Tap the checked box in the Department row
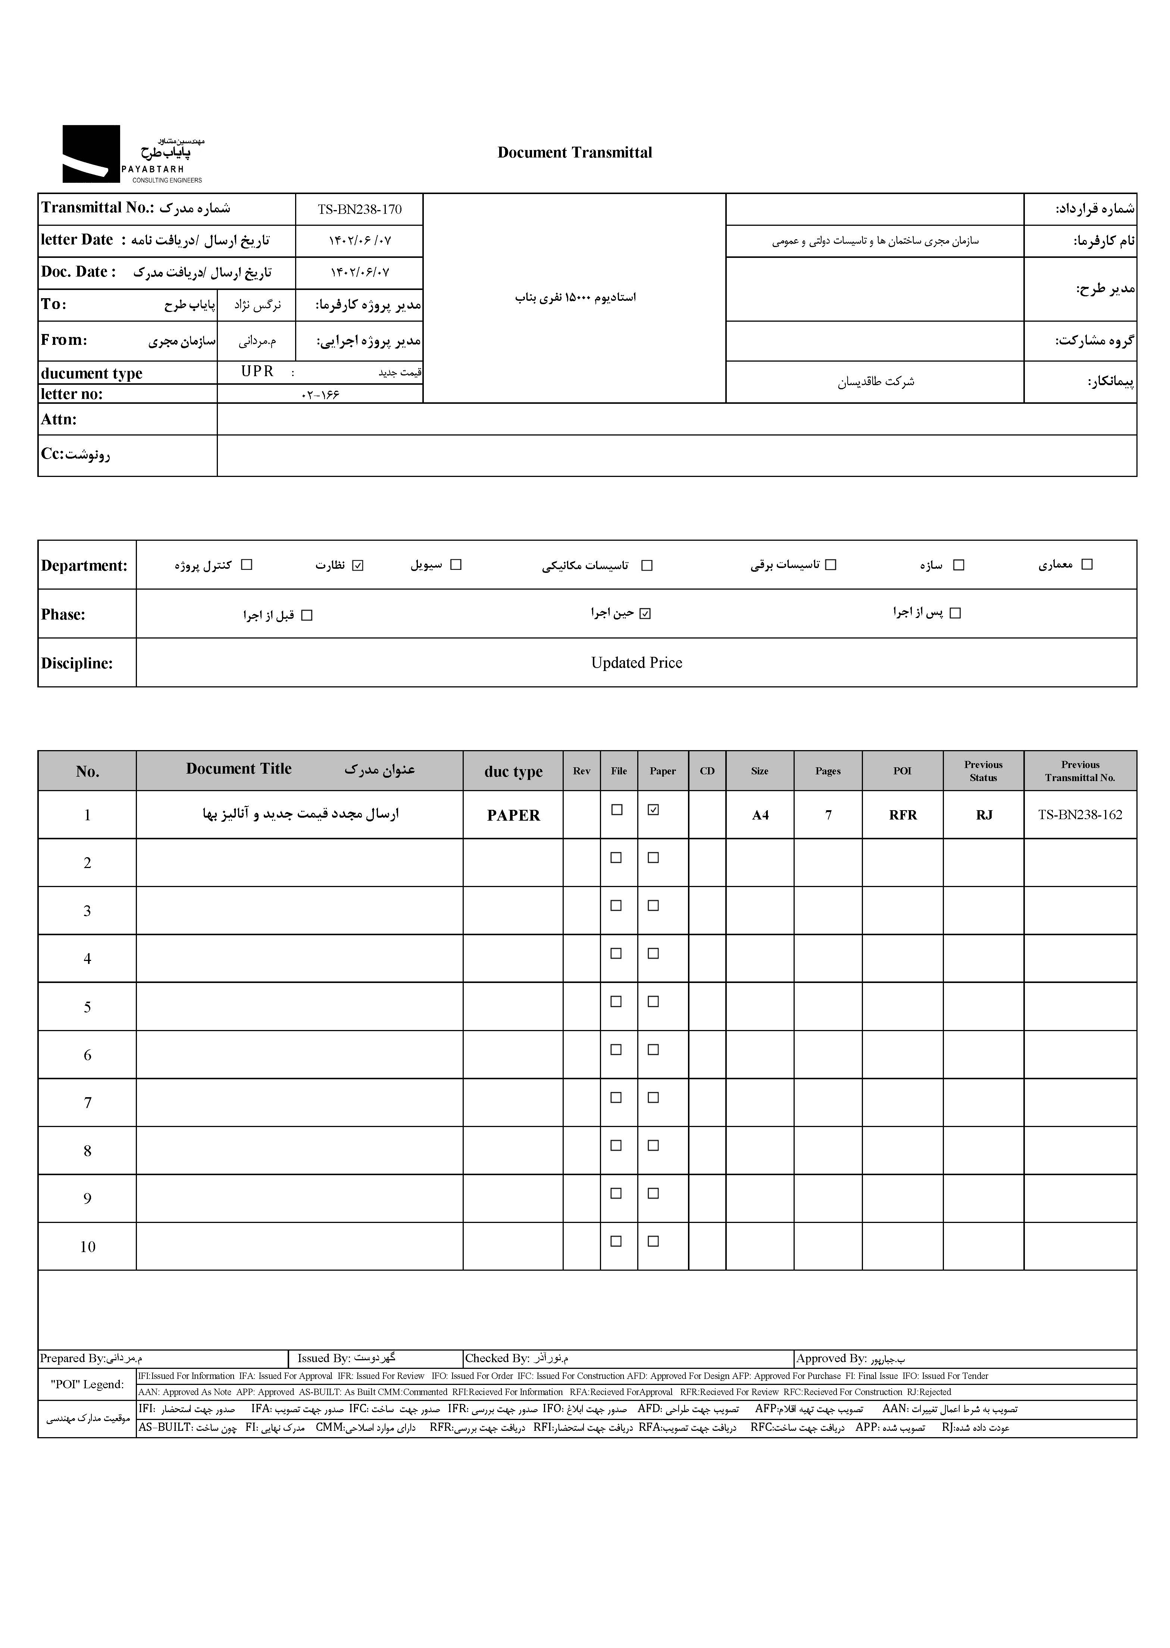[x=358, y=565]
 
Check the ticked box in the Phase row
[x=645, y=613]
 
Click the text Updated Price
[x=636, y=663]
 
